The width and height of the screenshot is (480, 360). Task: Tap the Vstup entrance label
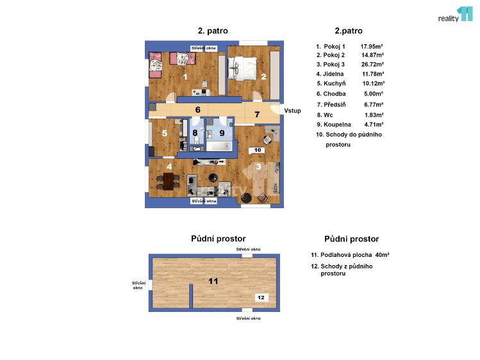(x=292, y=111)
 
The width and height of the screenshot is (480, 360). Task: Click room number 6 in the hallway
(x=198, y=110)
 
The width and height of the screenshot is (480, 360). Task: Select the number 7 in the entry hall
(x=256, y=115)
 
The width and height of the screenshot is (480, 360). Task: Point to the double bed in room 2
(x=244, y=67)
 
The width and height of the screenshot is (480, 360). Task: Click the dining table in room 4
(x=169, y=182)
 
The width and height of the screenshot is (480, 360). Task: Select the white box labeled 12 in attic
(x=260, y=297)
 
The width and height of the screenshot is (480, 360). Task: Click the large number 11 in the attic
(x=213, y=281)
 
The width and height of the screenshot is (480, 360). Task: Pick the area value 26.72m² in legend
(x=372, y=65)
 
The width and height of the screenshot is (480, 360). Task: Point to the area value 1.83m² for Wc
(x=372, y=115)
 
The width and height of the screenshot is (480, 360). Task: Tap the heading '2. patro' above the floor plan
(x=212, y=30)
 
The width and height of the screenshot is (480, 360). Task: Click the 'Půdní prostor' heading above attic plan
(x=218, y=238)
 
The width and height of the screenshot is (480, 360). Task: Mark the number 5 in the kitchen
(x=165, y=133)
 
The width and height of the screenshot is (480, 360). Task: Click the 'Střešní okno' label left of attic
(x=138, y=285)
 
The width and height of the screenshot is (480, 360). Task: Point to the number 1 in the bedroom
(x=185, y=77)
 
